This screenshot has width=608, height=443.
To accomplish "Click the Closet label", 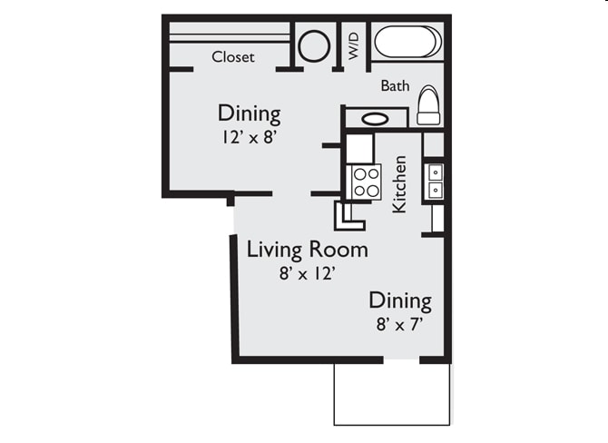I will coord(232,57).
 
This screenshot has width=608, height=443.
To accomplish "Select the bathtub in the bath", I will coord(407,42).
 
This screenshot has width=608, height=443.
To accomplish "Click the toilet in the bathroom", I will coord(428,106).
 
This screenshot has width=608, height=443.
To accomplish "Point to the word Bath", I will coord(395,86).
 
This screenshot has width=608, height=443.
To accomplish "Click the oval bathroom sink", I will coord(376,118).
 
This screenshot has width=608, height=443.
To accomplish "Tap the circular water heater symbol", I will coord(314,45).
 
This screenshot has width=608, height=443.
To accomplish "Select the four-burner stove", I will coord(367,181).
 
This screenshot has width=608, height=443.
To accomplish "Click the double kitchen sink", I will coord(435,180).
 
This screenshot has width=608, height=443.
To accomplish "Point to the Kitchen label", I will coord(398,184).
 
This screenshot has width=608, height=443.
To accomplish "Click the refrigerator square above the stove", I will coord(359,148).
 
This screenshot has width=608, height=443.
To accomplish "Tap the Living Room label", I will coord(307,249).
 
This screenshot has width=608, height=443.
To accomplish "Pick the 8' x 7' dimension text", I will coord(398,322).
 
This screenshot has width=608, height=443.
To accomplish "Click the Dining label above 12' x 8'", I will coord(249,114).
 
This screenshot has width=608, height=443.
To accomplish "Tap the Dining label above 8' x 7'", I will coord(399,300).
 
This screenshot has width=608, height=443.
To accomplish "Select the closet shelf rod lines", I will coord(229,37).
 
